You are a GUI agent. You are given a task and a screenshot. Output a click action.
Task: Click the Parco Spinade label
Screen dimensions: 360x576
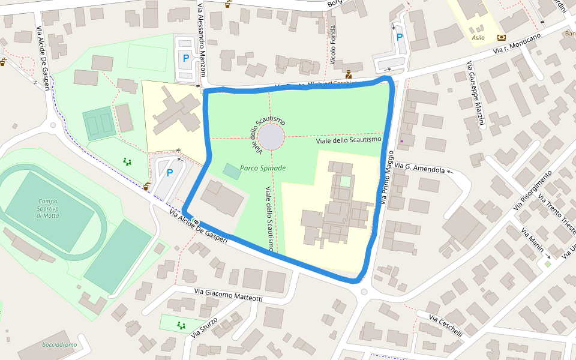coord(263,168)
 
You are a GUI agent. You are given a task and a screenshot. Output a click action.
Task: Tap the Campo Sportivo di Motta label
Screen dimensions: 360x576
coord(48,208)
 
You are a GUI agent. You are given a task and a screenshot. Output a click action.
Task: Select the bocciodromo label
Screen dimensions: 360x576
coord(59,345)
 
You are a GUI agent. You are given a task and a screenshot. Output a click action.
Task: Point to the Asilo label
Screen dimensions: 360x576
coord(478,37)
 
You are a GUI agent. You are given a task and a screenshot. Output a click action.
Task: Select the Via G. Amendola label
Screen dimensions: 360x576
coord(422,169)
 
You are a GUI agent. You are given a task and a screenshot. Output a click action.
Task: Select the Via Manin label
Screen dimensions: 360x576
coord(532,241)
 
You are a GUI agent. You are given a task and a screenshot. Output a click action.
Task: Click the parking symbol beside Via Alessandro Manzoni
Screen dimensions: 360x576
coord(185,59)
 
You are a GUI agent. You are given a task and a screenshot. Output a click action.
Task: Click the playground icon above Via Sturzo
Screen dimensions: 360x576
coord(181,325)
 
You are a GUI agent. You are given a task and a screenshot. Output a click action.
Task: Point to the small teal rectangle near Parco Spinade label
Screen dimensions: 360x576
coord(232,170)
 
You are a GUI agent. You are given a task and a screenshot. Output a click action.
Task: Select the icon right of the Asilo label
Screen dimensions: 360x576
coord(501,37)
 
